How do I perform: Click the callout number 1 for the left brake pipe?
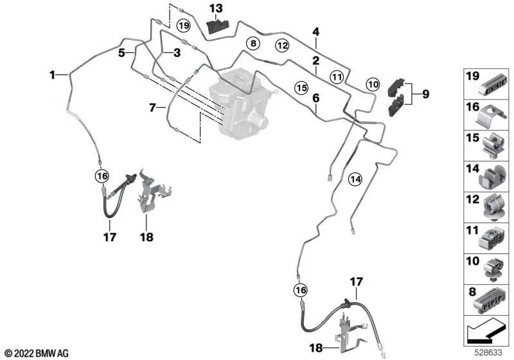tap(53, 75)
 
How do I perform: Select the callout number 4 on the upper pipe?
tap(315, 31)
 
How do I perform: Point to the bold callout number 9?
tap(425, 94)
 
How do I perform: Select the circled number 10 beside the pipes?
tap(373, 84)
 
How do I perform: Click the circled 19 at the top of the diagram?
tap(184, 26)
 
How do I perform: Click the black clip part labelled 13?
tap(216, 28)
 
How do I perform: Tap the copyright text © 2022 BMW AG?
tap(36, 353)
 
